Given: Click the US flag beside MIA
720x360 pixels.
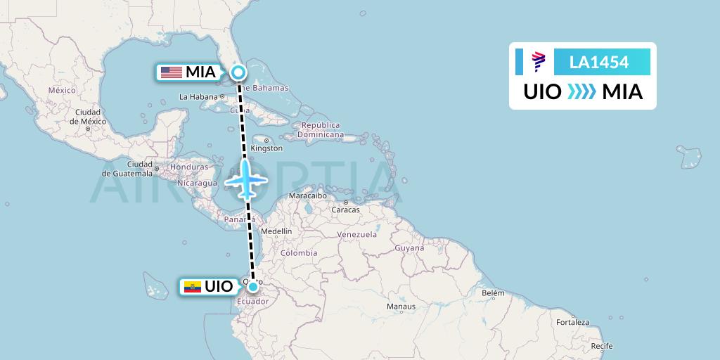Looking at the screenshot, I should [171, 72].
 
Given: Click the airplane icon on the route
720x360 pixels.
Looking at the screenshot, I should [245, 179].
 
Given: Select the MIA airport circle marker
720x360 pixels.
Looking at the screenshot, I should [239, 72].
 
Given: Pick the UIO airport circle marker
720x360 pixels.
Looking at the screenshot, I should [252, 286].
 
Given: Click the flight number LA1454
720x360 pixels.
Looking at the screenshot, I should [599, 62].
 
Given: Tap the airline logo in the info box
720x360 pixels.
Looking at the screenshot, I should [538, 62].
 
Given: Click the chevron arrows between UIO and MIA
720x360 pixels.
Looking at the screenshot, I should [581, 91].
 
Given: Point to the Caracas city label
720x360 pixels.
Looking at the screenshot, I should [345, 210].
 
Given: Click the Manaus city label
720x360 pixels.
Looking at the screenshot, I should [401, 307].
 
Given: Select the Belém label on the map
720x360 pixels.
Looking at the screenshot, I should [493, 292].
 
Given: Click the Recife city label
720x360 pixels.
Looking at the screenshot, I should [601, 346].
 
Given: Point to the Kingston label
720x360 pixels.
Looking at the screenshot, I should [266, 148].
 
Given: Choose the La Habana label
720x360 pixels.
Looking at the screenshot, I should [199, 96].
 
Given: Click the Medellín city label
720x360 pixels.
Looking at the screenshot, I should [276, 231].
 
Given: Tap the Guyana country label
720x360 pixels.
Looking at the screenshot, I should [409, 248].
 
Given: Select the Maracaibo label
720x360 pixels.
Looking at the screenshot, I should [309, 196].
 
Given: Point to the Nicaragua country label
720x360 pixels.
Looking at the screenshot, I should [198, 183].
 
